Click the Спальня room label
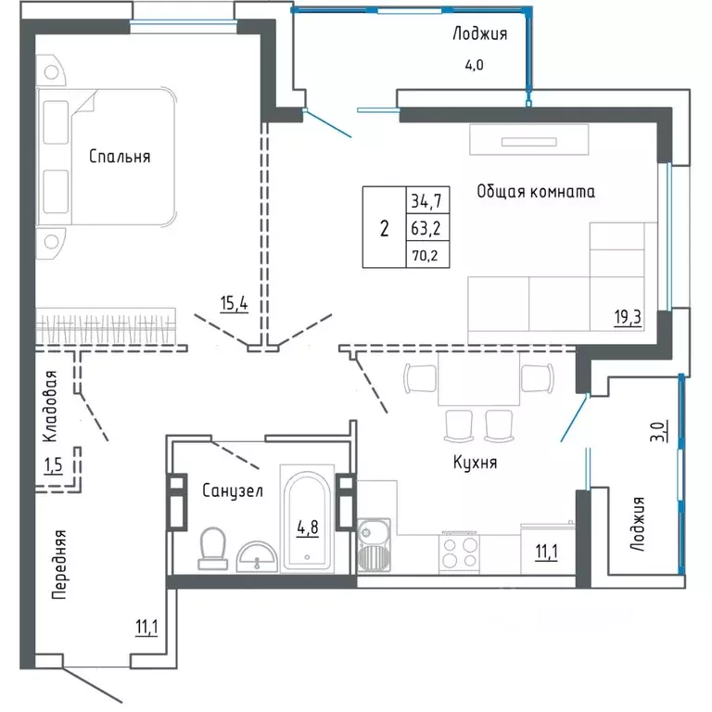(x=120, y=157)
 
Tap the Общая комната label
(x=535, y=192)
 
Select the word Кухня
(x=476, y=462)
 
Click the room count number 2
(x=384, y=227)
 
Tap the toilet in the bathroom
(x=213, y=547)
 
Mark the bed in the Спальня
(x=107, y=156)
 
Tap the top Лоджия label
(x=479, y=34)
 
